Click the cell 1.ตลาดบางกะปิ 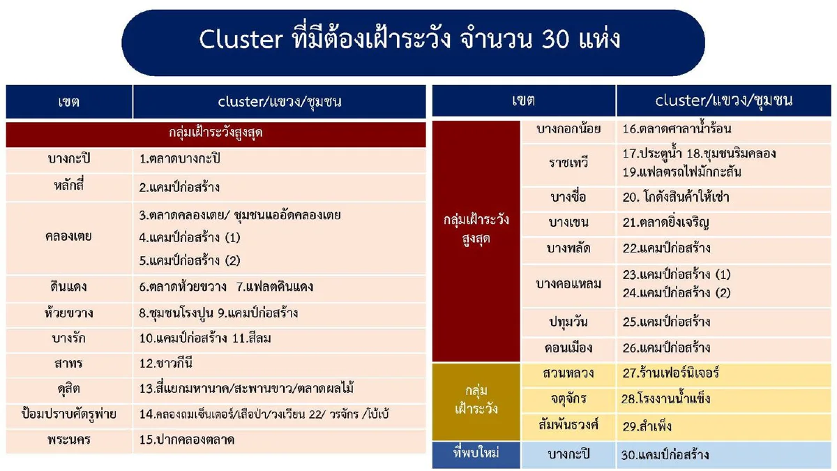coord(179,159)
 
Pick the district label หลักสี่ coord(69,187)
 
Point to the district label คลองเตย coord(69,237)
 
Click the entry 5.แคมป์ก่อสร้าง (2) coord(190,260)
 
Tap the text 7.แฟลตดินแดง coord(275,287)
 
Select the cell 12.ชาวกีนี coord(166,363)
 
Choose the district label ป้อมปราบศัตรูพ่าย coord(69,414)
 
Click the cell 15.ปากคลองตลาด coord(187,440)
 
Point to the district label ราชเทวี coord(568,163)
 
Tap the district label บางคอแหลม coord(568,284)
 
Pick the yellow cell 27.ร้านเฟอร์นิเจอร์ coord(670,373)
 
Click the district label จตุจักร coord(568,399)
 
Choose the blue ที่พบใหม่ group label coord(476,454)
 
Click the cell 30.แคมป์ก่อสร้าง coord(665,455)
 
